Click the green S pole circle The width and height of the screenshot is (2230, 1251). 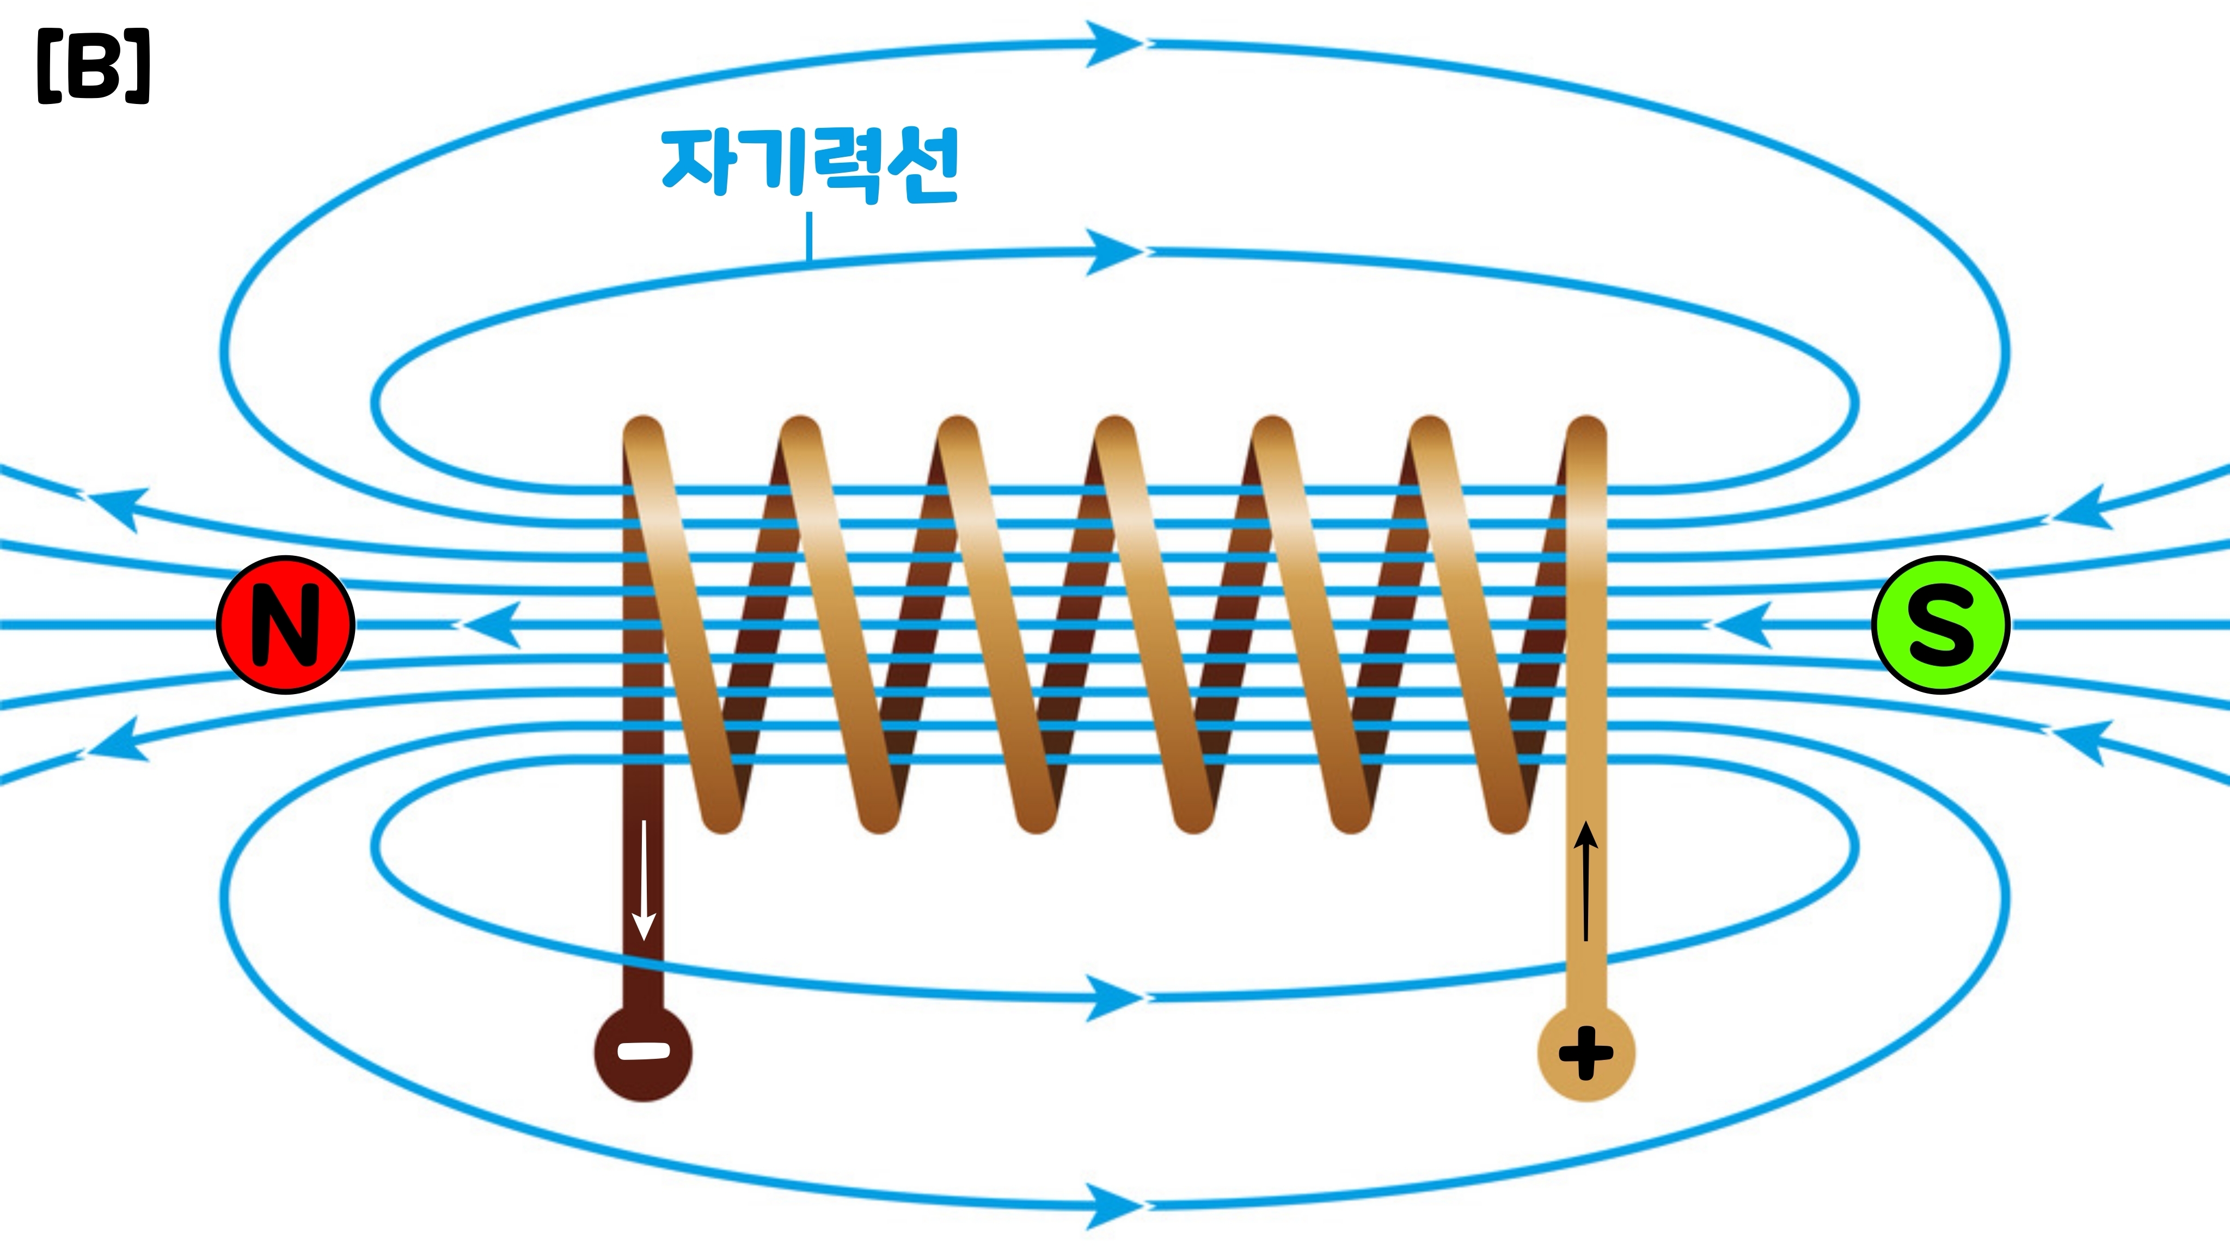(x=1940, y=624)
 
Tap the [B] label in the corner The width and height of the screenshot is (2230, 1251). (x=94, y=66)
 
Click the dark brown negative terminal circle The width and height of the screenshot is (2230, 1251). (x=643, y=1052)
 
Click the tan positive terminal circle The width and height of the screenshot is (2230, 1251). (x=1586, y=1052)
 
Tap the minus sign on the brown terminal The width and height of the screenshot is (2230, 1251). (x=643, y=1052)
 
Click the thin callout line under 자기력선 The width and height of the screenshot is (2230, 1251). (x=810, y=236)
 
